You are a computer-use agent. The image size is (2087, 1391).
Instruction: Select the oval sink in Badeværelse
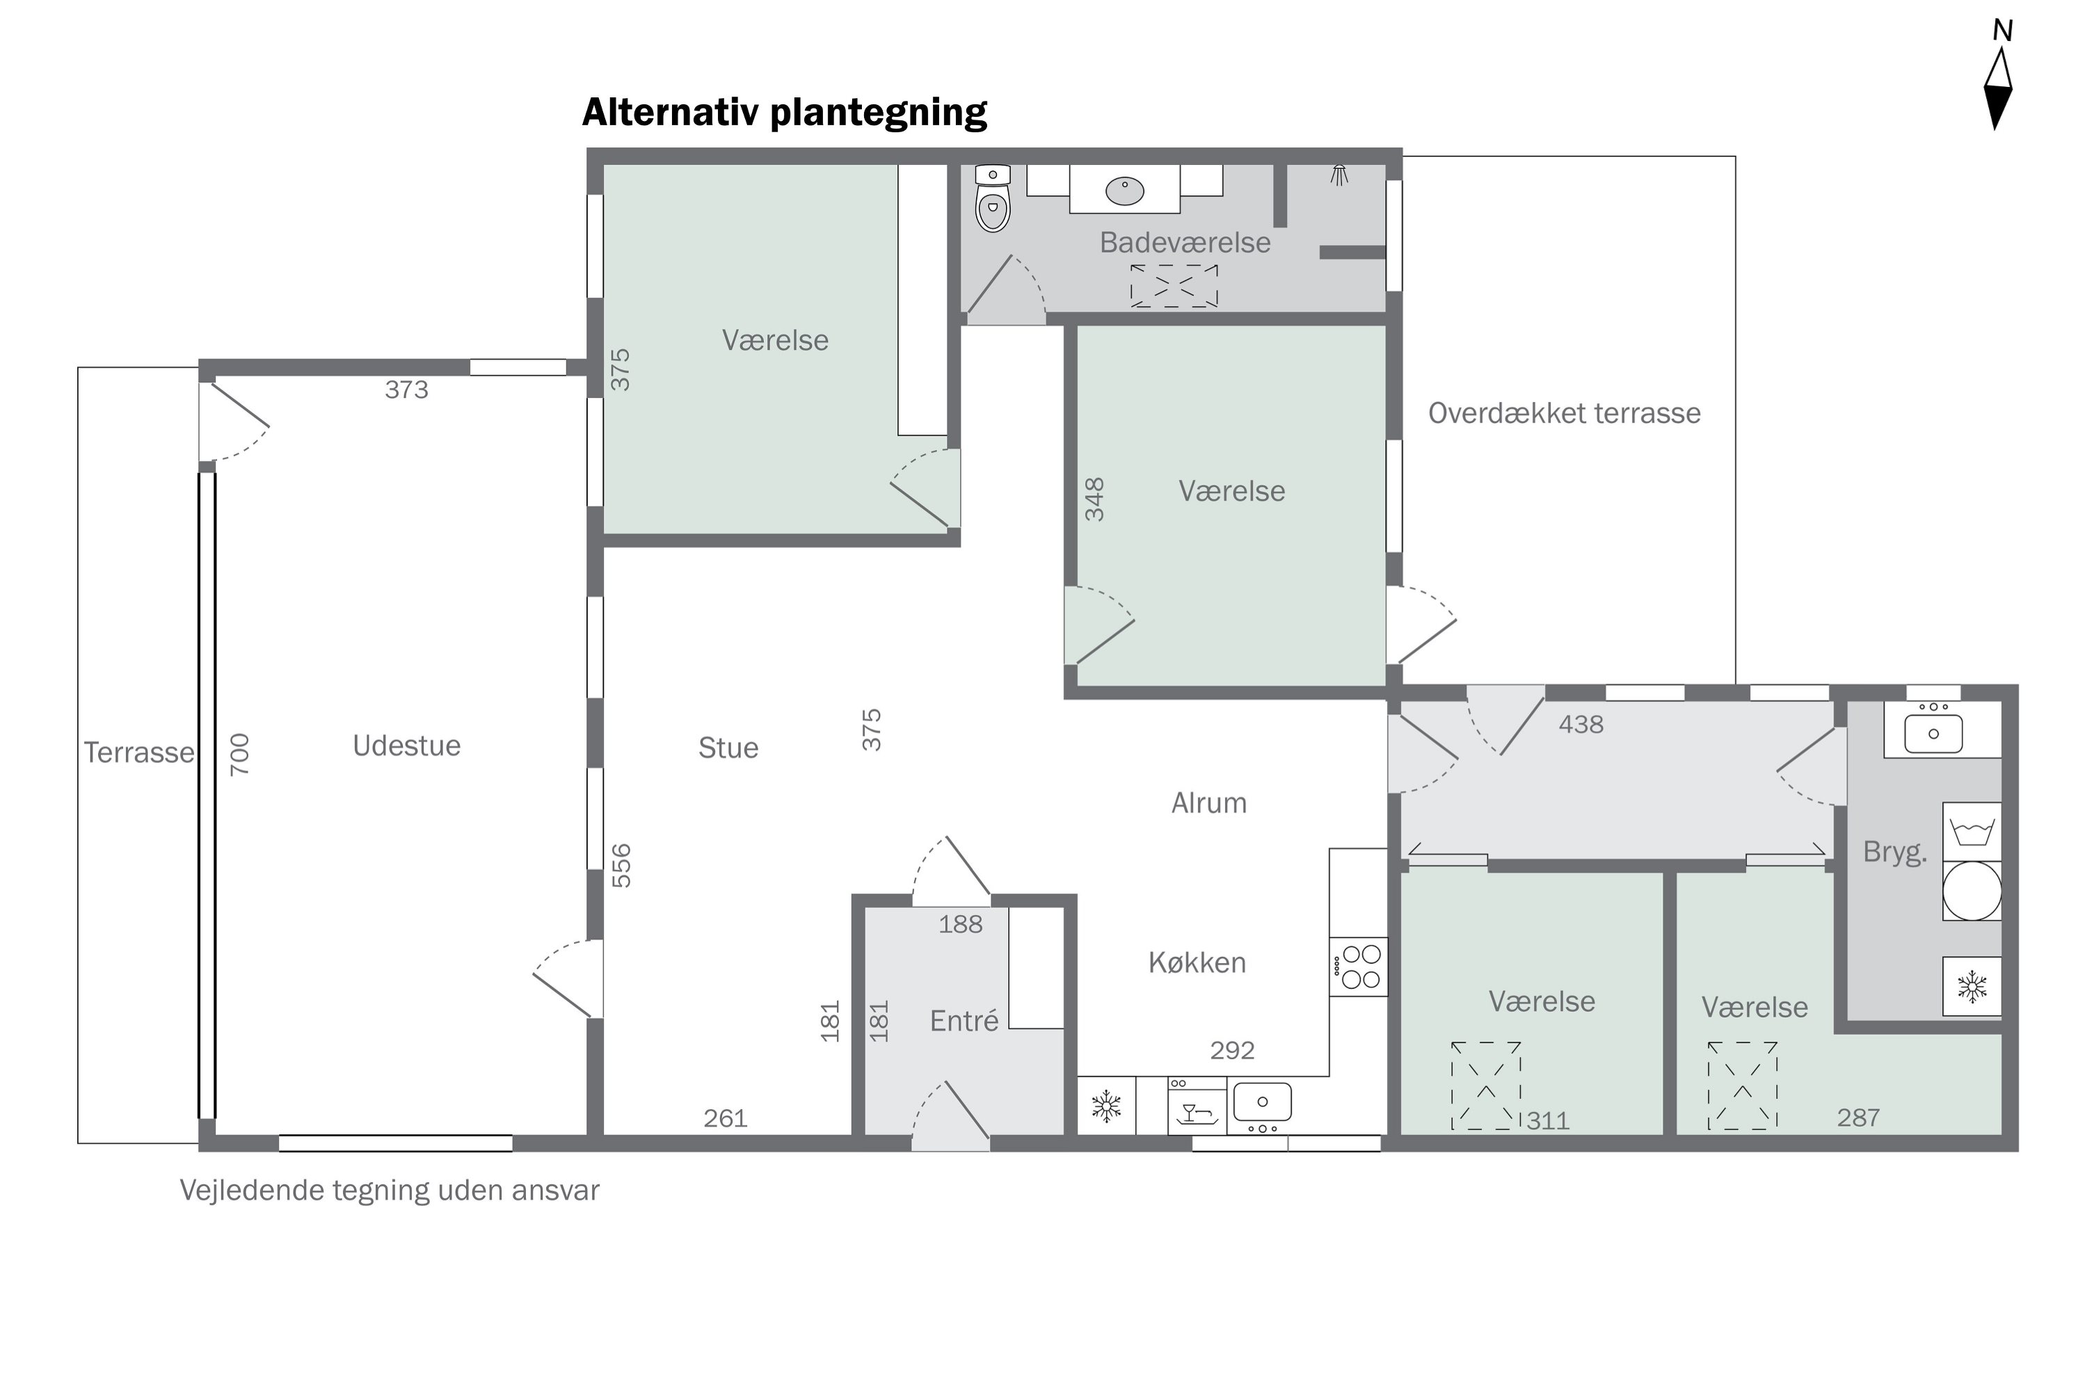(1124, 190)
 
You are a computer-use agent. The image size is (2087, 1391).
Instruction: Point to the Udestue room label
(406, 745)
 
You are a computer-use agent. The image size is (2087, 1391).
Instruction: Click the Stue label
(728, 748)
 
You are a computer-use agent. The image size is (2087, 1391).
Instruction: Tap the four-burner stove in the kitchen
(1359, 966)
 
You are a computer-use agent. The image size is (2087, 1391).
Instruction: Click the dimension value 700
(239, 754)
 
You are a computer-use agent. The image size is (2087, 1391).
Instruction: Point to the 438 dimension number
(1581, 724)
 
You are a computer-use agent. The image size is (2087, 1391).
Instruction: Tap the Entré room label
(963, 1020)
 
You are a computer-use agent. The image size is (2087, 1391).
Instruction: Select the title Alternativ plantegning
(785, 112)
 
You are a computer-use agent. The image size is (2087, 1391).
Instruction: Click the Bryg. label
(1894, 851)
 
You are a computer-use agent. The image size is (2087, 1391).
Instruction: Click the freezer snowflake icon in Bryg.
(1972, 986)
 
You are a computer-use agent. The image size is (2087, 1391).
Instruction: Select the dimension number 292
(1233, 1050)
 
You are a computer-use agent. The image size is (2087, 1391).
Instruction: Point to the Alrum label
(1208, 803)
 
